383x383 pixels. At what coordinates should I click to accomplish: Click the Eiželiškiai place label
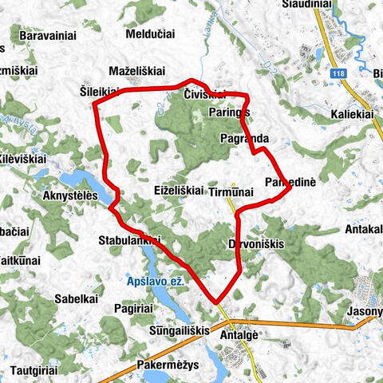tap(178, 191)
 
